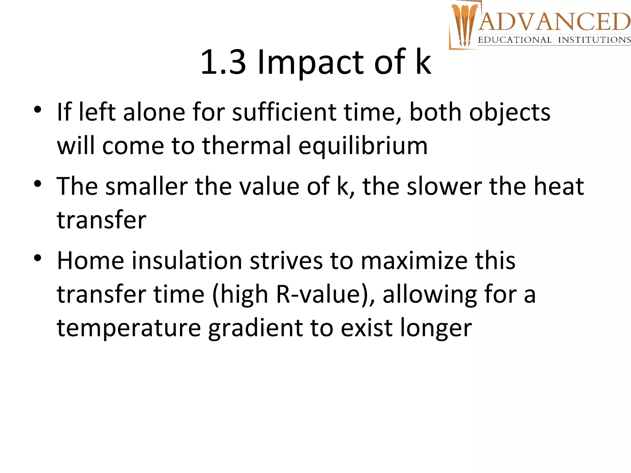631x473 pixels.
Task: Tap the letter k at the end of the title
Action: [423, 63]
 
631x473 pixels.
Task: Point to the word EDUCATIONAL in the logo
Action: [515, 40]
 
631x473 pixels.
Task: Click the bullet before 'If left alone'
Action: [38, 110]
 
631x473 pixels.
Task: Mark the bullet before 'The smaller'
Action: [38, 184]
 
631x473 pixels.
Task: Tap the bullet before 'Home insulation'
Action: [38, 258]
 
